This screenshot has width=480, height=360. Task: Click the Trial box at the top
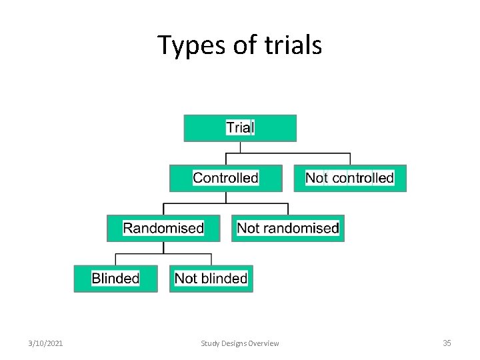(240, 127)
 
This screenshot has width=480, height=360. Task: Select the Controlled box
(225, 178)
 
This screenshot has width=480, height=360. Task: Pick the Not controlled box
(349, 178)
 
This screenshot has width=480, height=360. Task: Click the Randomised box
(163, 228)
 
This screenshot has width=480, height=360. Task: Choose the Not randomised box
(287, 228)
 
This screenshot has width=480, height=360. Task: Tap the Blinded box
(115, 278)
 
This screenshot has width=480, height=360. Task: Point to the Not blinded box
(211, 278)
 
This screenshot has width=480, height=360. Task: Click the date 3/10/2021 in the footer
(46, 343)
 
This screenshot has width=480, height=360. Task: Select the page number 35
(447, 343)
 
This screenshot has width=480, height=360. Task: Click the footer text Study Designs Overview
(240, 343)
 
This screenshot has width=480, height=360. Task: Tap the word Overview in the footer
(263, 343)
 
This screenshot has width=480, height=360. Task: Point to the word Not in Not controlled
(316, 178)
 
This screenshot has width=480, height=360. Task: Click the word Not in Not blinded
(185, 278)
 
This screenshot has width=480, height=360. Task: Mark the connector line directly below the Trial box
(227, 147)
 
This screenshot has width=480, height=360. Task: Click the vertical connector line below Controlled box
(227, 197)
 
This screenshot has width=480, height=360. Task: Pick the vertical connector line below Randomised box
(164, 247)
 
